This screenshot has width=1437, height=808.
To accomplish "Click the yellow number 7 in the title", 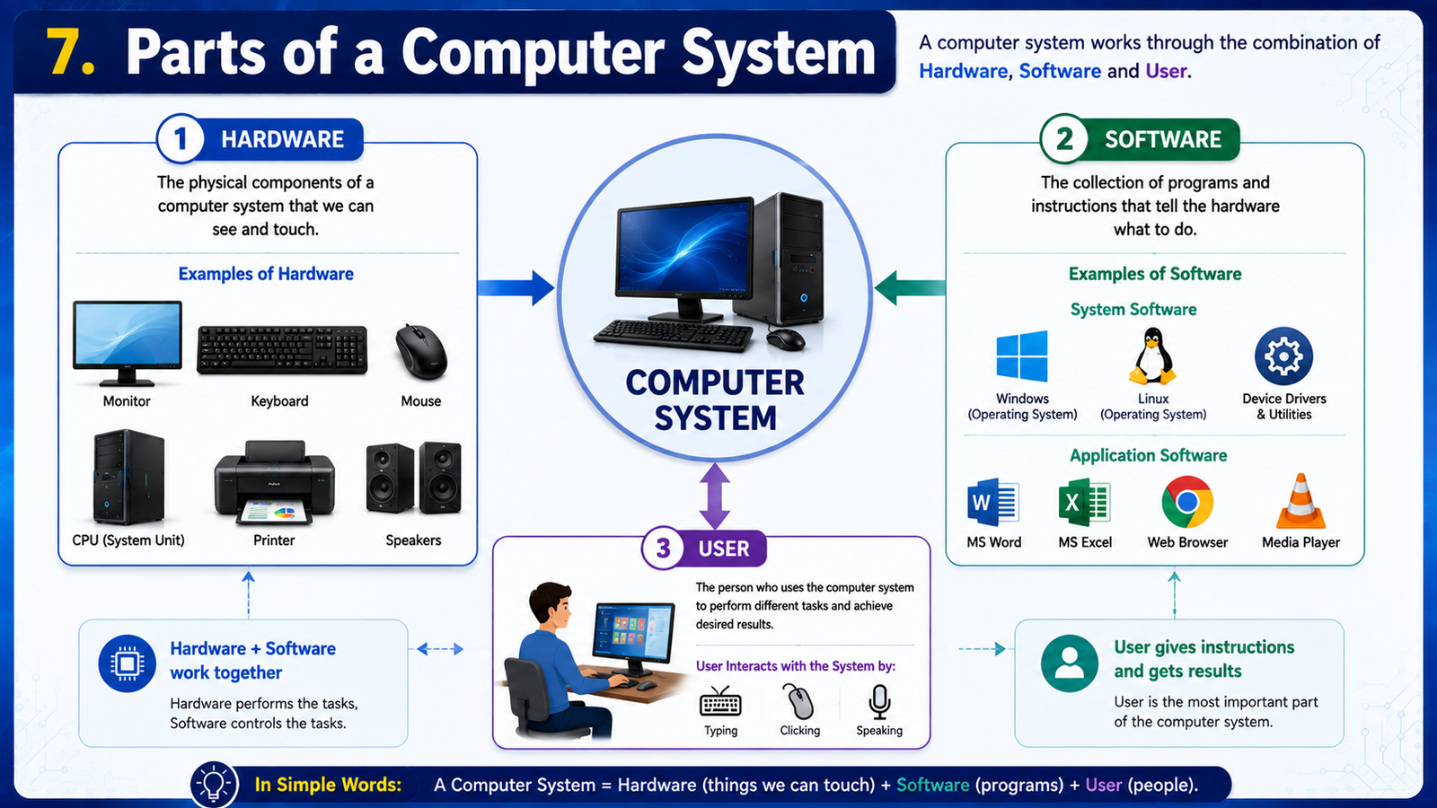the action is click(x=71, y=51).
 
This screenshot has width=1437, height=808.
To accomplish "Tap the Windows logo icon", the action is click(x=1022, y=356).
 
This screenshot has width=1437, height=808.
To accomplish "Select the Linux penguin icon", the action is click(x=1153, y=356).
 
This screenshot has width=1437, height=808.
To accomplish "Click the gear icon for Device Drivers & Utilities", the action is click(x=1283, y=356).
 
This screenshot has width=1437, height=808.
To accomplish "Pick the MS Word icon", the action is click(x=993, y=502).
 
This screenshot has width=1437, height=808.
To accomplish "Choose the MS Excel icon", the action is click(x=1084, y=502).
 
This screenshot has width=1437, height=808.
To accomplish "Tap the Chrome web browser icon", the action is click(x=1186, y=502).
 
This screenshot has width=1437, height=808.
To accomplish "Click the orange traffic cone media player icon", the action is click(x=1300, y=502).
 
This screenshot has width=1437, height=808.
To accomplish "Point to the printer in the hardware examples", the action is click(x=274, y=483).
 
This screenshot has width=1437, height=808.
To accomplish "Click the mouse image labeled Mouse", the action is click(x=421, y=352).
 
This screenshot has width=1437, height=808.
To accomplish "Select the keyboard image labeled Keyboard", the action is click(x=282, y=349).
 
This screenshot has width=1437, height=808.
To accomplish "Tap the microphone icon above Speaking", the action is click(x=879, y=702).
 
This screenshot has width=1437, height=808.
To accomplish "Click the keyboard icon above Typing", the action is click(x=720, y=701).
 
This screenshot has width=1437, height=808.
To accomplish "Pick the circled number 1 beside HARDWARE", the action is click(x=181, y=138).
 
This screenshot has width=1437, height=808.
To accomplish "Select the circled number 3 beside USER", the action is click(x=664, y=549).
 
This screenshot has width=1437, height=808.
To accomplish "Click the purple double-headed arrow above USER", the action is click(x=715, y=496).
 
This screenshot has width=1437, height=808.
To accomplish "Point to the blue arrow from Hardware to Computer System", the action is click(x=516, y=288).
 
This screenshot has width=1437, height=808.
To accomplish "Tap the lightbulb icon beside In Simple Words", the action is click(x=214, y=784).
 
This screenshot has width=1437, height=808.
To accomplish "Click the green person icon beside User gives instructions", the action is click(x=1070, y=663).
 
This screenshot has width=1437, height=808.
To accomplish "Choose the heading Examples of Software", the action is click(x=1155, y=274).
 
